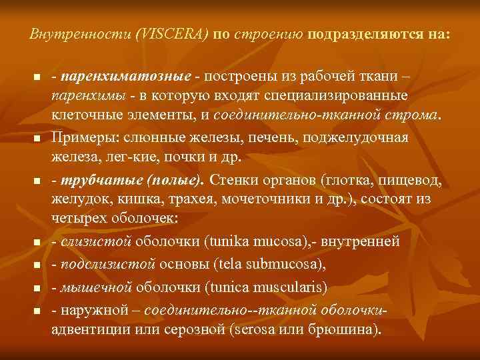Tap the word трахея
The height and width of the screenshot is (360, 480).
click(184, 199)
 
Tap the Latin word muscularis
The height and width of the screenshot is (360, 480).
click(290, 288)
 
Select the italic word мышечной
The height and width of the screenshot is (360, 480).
click(96, 288)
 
